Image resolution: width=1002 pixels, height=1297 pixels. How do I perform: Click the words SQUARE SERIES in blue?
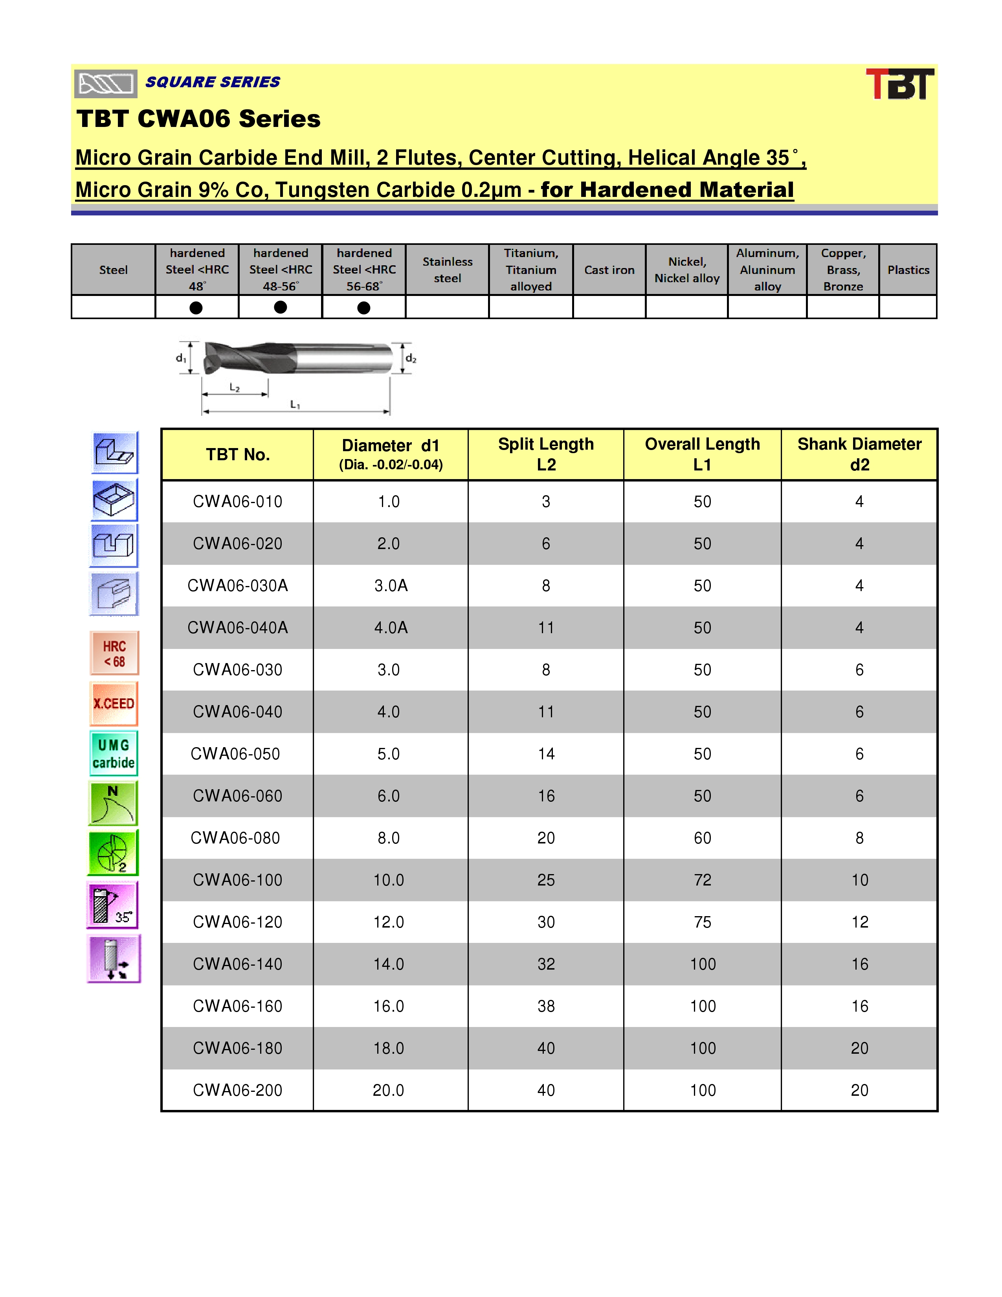213,82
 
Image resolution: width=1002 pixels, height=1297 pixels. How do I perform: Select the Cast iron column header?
609,270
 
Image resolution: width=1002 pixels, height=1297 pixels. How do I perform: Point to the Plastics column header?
908,270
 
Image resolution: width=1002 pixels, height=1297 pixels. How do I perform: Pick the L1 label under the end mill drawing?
295,404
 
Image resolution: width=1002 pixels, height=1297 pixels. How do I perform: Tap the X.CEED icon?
114,704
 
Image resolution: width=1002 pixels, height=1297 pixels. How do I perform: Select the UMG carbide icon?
114,753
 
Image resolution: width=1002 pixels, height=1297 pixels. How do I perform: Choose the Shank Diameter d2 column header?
859,454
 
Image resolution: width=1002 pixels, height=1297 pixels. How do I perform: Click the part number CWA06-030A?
237,586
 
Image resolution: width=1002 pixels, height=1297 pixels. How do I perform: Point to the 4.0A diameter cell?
391,628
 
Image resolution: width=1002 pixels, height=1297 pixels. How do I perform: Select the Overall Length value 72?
702,880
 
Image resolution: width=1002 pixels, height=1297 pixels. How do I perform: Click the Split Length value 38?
546,1006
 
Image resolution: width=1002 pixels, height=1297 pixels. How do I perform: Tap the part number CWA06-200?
237,1090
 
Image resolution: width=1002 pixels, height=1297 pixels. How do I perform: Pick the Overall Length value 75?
702,922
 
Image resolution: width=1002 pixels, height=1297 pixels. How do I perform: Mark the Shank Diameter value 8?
859,838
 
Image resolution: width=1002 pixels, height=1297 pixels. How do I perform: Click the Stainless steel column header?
448,270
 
